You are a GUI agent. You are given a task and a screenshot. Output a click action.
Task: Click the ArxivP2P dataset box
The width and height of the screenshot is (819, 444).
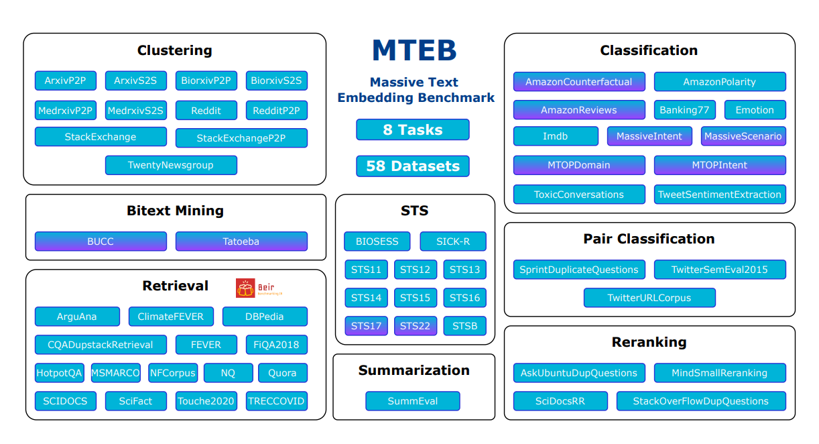point(65,80)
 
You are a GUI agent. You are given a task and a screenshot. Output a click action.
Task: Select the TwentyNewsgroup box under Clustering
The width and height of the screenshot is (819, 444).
point(171,165)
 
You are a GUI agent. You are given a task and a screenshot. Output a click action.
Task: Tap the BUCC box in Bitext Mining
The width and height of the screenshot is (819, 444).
point(101,241)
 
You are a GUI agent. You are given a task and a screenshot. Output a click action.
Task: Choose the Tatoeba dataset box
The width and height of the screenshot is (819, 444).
point(241,241)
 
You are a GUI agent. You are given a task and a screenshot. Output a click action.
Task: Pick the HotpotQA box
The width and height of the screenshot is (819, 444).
point(60,373)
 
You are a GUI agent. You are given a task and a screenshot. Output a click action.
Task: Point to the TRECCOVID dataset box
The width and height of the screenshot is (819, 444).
point(276,401)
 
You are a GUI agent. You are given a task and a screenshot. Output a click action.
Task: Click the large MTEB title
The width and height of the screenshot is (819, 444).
point(414,51)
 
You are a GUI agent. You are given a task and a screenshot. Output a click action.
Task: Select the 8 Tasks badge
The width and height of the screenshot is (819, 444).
point(412,129)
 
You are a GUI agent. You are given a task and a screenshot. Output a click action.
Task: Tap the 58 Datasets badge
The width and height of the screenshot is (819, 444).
point(412,166)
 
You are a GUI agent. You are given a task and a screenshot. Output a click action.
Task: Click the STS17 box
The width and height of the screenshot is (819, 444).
point(366,326)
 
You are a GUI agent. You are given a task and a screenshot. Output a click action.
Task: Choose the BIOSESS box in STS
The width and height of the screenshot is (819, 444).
point(377,241)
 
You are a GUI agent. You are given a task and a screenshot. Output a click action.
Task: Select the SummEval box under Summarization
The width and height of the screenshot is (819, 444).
point(412,401)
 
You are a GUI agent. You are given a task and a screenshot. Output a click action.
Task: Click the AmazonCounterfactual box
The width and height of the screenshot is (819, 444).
point(579,82)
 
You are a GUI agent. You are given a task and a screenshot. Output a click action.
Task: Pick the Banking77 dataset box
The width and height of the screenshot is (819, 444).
point(684,110)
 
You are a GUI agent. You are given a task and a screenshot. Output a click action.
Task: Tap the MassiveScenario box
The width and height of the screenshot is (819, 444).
point(743,136)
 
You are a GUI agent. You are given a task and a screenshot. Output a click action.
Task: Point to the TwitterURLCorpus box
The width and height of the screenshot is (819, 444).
point(649,298)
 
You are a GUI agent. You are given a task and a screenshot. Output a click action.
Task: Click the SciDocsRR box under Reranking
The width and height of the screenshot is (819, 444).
point(560,401)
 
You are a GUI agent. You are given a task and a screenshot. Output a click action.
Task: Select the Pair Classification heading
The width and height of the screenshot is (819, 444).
point(649,239)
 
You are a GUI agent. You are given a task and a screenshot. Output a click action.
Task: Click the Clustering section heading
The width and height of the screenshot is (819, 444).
point(174,50)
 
